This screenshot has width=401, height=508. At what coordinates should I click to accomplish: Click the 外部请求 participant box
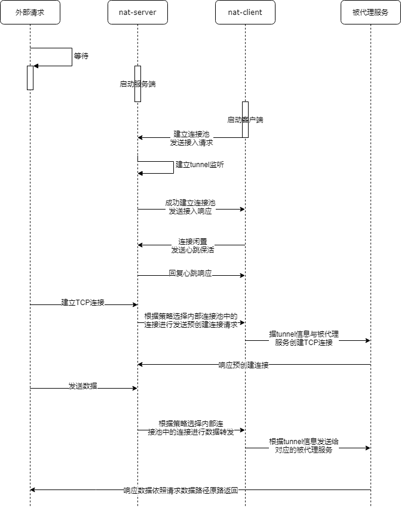[30, 13]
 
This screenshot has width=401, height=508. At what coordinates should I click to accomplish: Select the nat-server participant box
[137, 13]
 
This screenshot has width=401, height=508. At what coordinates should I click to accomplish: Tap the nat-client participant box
[245, 13]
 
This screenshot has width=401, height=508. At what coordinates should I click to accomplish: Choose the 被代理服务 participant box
[371, 13]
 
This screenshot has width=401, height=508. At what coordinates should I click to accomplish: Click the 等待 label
[81, 56]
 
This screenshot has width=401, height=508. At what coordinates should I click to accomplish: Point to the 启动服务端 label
[137, 84]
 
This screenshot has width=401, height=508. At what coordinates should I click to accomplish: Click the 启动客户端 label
[245, 119]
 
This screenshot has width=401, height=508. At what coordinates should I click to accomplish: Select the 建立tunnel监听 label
[200, 164]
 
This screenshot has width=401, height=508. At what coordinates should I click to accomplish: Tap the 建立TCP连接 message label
[82, 303]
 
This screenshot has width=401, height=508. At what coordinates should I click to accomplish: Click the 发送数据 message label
[82, 387]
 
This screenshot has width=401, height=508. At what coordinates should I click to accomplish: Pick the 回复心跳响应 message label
[190, 273]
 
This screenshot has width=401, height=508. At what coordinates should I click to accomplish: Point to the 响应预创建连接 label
[243, 365]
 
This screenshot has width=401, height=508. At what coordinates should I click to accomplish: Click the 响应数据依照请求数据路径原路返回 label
[181, 490]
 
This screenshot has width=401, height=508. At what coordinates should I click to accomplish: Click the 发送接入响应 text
[190, 212]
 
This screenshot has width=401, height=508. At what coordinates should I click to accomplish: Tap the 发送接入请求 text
[191, 143]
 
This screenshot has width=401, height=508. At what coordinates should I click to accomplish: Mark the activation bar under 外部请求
[30, 78]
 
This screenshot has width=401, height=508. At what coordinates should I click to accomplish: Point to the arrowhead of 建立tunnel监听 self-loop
[140, 173]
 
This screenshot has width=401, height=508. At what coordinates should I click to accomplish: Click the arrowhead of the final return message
[33, 489]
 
